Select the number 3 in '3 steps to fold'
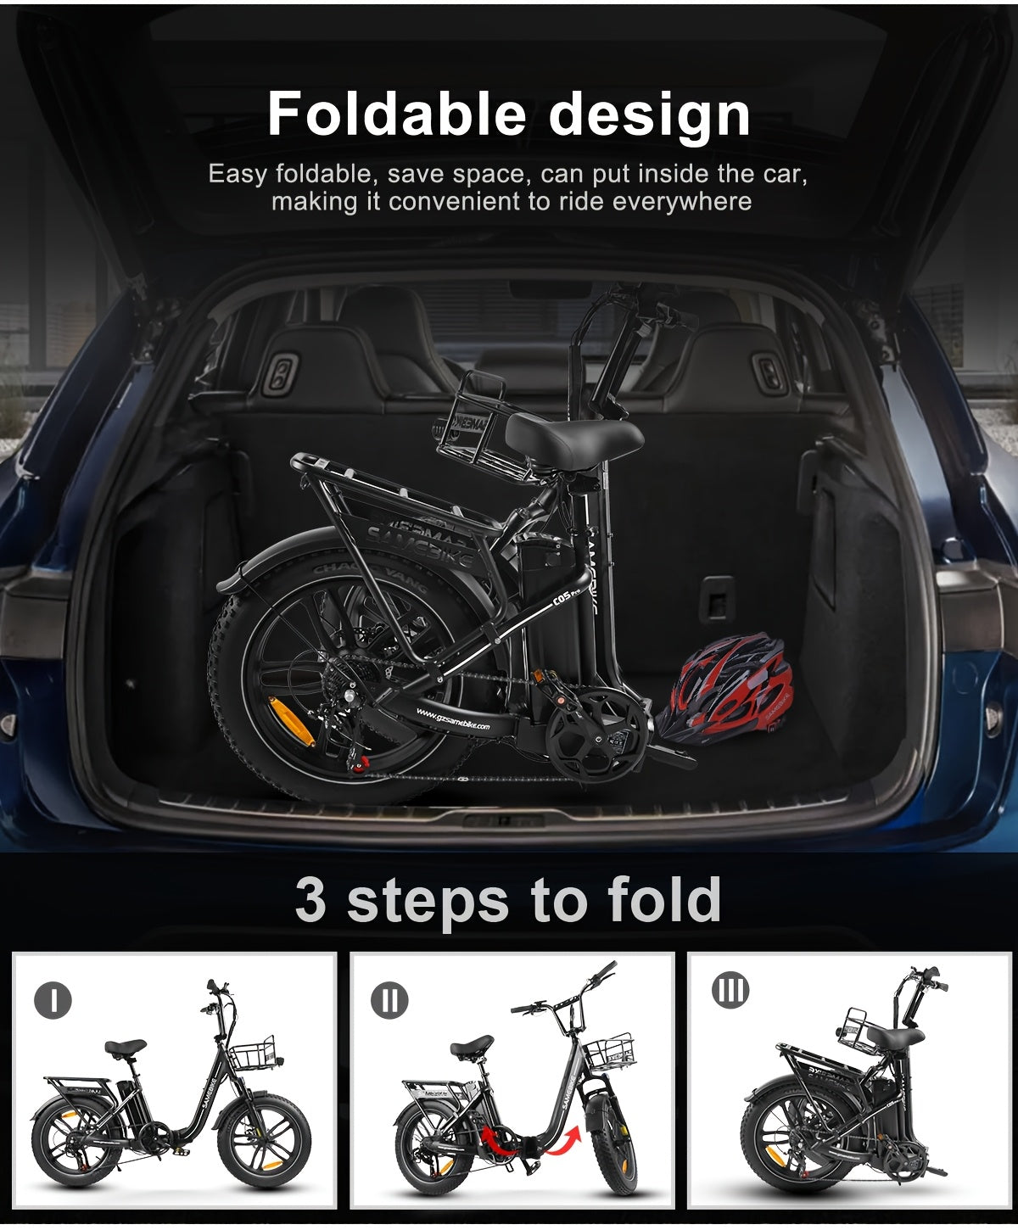(310, 900)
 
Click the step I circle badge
(53, 1000)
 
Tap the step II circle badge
(389, 1000)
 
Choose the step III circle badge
(730, 990)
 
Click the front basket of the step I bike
(252, 1054)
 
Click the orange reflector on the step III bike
(775, 1157)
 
